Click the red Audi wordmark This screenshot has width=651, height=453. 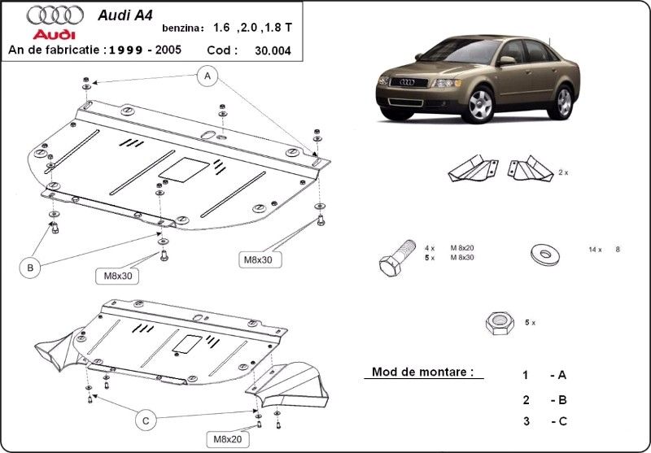pos(53,35)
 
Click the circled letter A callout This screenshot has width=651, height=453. pos(208,76)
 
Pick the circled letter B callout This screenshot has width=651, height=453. pos(30,266)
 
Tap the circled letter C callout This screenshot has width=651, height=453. pos(146,420)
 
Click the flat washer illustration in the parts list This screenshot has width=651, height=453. pos(543,254)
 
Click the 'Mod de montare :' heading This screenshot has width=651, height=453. pos(422,372)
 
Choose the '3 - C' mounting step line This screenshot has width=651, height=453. pos(544,420)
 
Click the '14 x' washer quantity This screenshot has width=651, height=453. pos(594,250)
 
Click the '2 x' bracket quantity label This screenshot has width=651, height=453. pos(563,172)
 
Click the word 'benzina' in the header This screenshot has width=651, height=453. pos(185,28)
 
